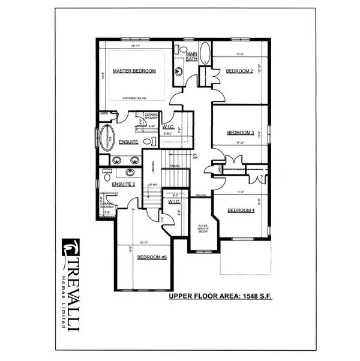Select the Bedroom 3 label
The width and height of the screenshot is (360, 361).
(x=240, y=133)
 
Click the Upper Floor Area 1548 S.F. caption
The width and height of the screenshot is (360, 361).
(x=220, y=296)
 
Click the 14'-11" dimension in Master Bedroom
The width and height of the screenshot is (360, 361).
(x=135, y=46)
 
